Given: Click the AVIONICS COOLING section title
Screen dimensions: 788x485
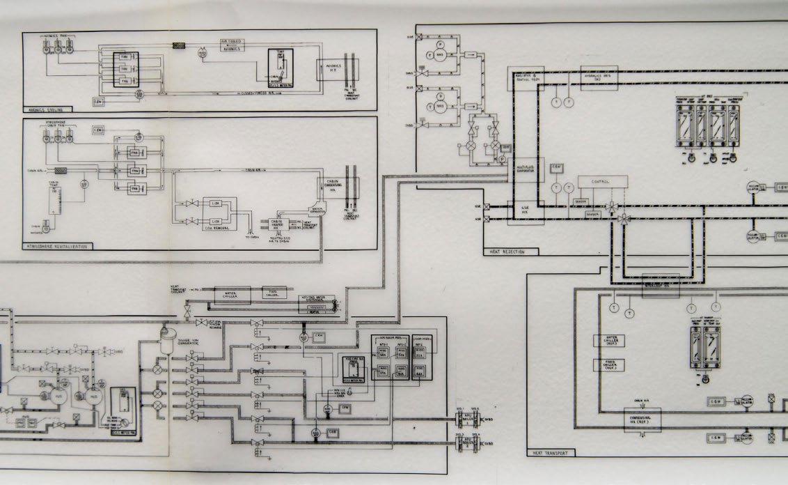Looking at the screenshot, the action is coord(42,109).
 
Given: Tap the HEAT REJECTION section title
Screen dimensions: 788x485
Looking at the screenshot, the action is coord(503,251).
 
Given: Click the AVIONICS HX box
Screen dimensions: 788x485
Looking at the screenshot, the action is coord(329,68).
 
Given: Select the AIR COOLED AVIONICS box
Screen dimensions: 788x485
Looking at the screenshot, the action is coord(233,45).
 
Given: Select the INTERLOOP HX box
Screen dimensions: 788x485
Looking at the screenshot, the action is coord(659,286).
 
